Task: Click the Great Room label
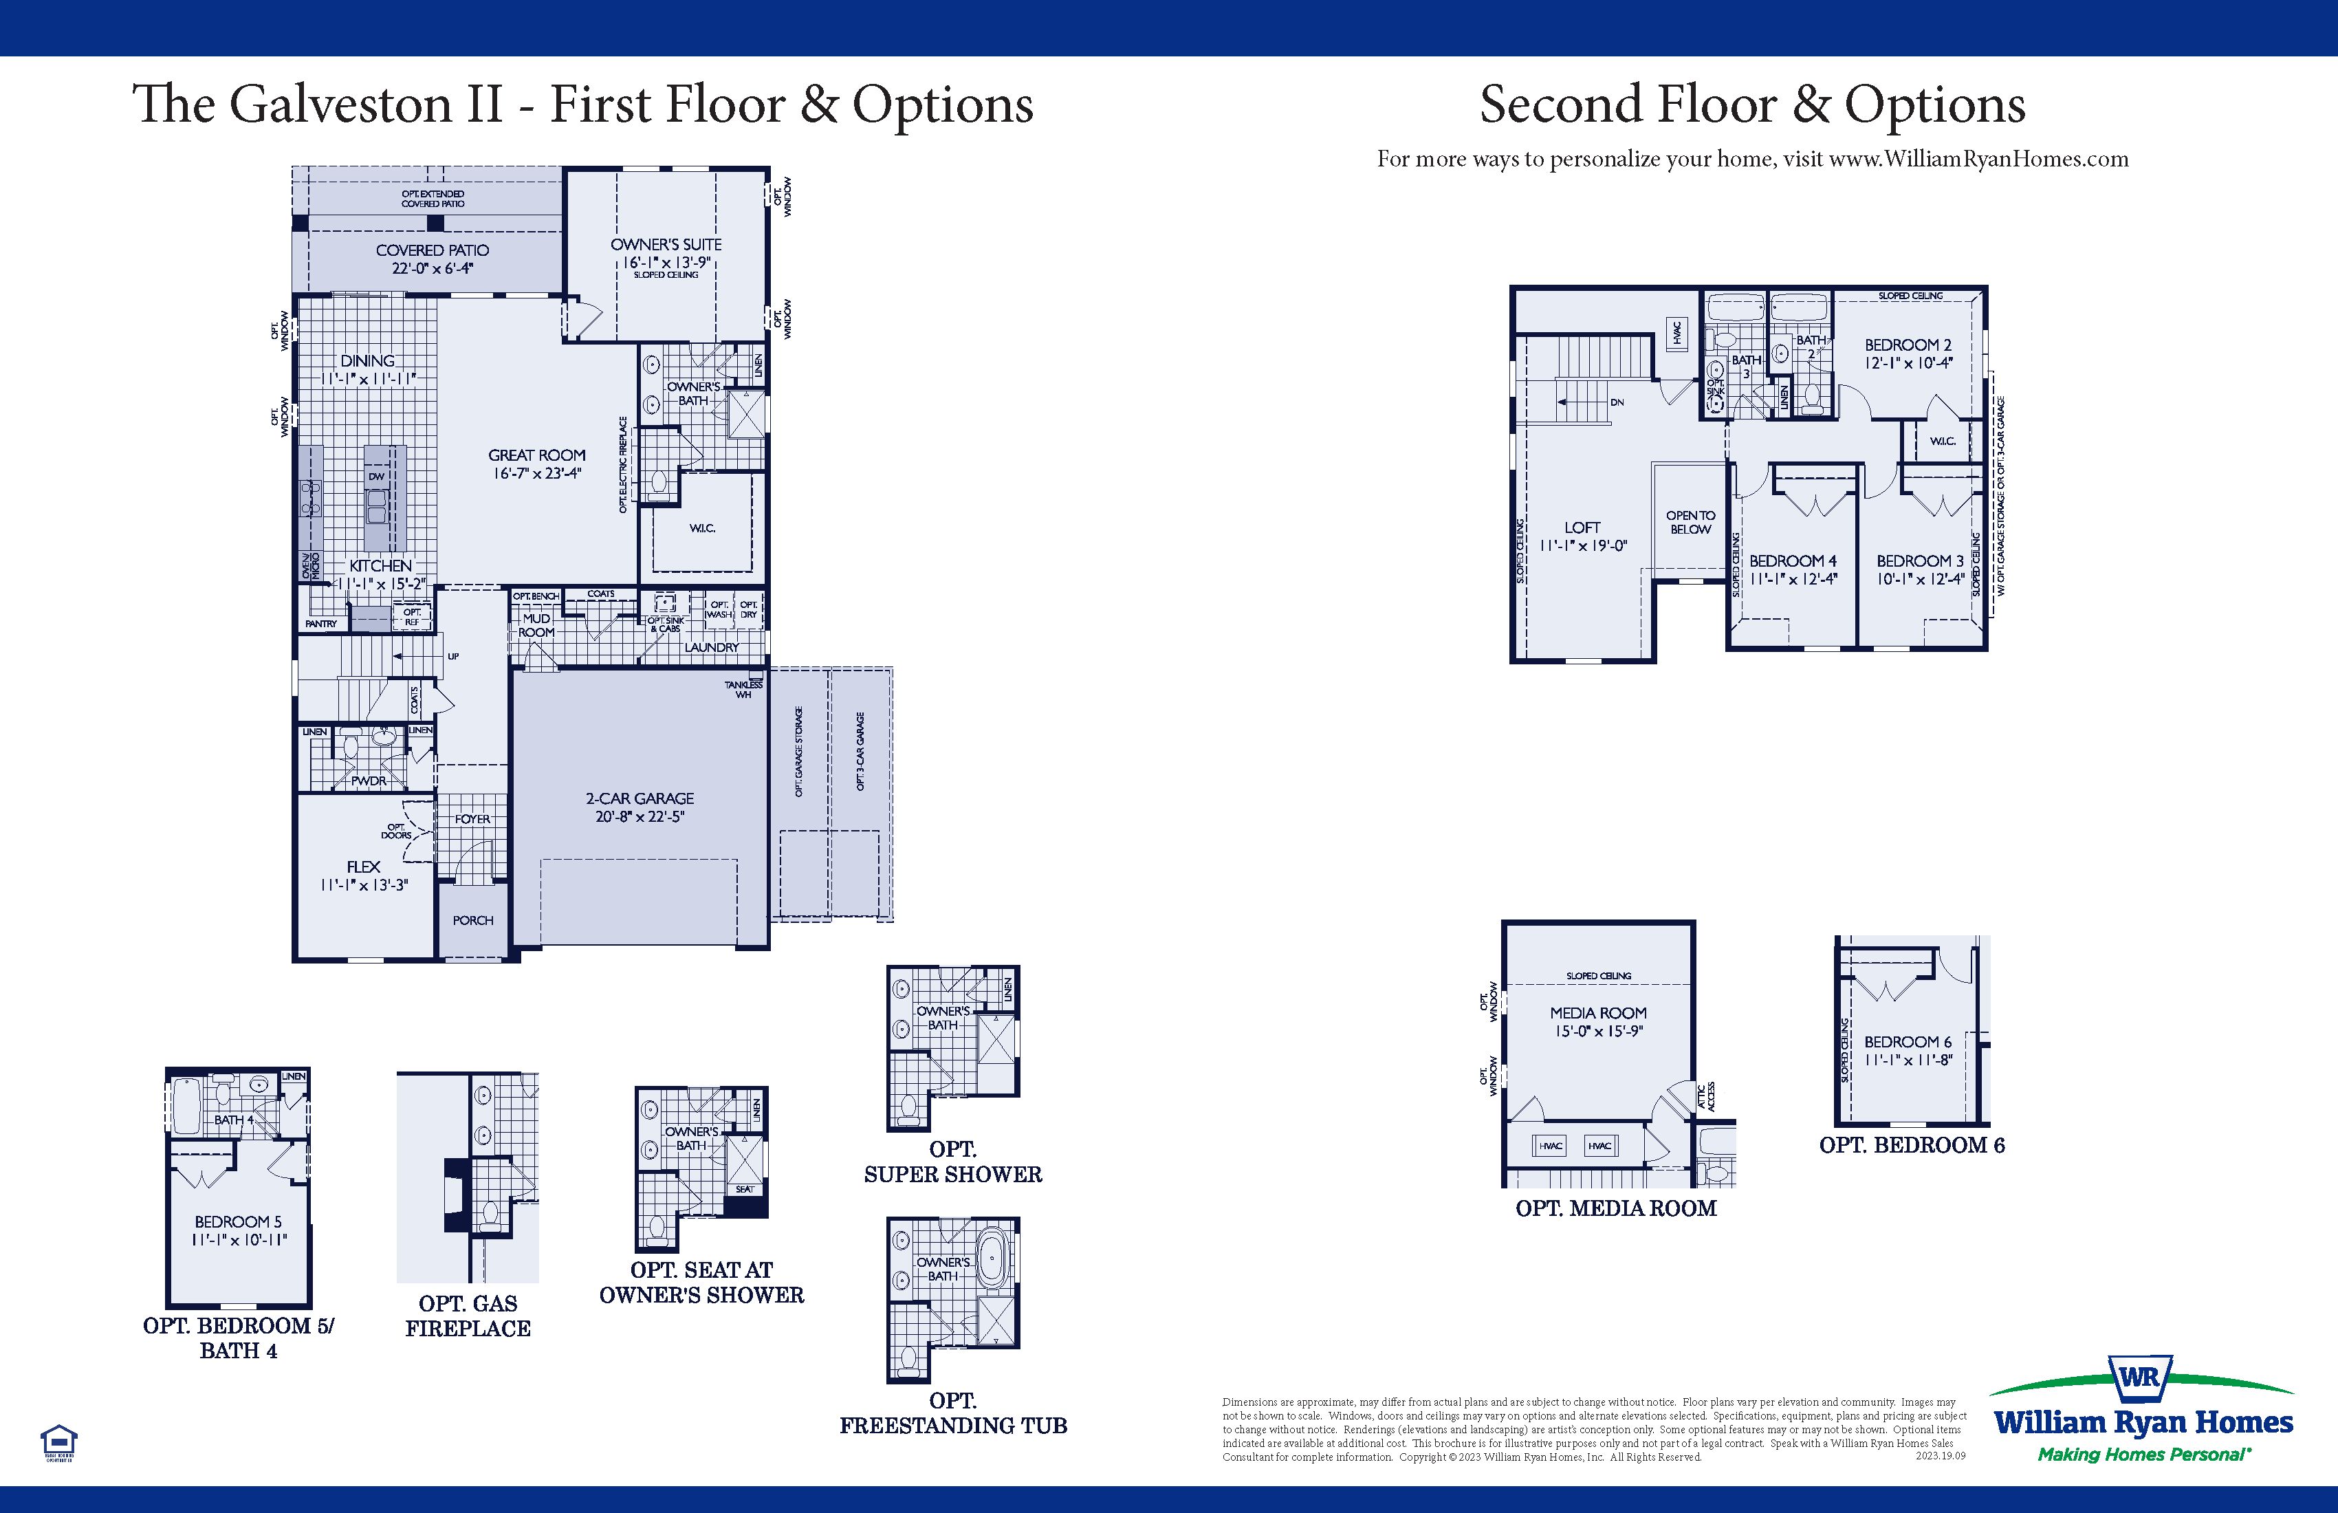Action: click(536, 455)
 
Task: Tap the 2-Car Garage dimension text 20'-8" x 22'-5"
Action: click(640, 816)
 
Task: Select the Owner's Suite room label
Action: click(666, 245)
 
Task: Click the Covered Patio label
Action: click(433, 250)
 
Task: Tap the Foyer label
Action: click(472, 818)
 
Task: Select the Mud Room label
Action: click(536, 625)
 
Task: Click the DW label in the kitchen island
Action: click(376, 477)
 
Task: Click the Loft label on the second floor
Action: click(1582, 527)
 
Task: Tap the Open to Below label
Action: click(1691, 522)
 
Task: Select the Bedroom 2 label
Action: click(1908, 345)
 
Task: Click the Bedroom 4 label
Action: click(1793, 561)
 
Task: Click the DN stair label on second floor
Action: click(1617, 403)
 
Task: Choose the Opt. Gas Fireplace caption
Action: click(468, 1316)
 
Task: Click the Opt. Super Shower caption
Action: click(953, 1162)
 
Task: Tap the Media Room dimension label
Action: click(1598, 1032)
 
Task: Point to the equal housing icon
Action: click(59, 1441)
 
